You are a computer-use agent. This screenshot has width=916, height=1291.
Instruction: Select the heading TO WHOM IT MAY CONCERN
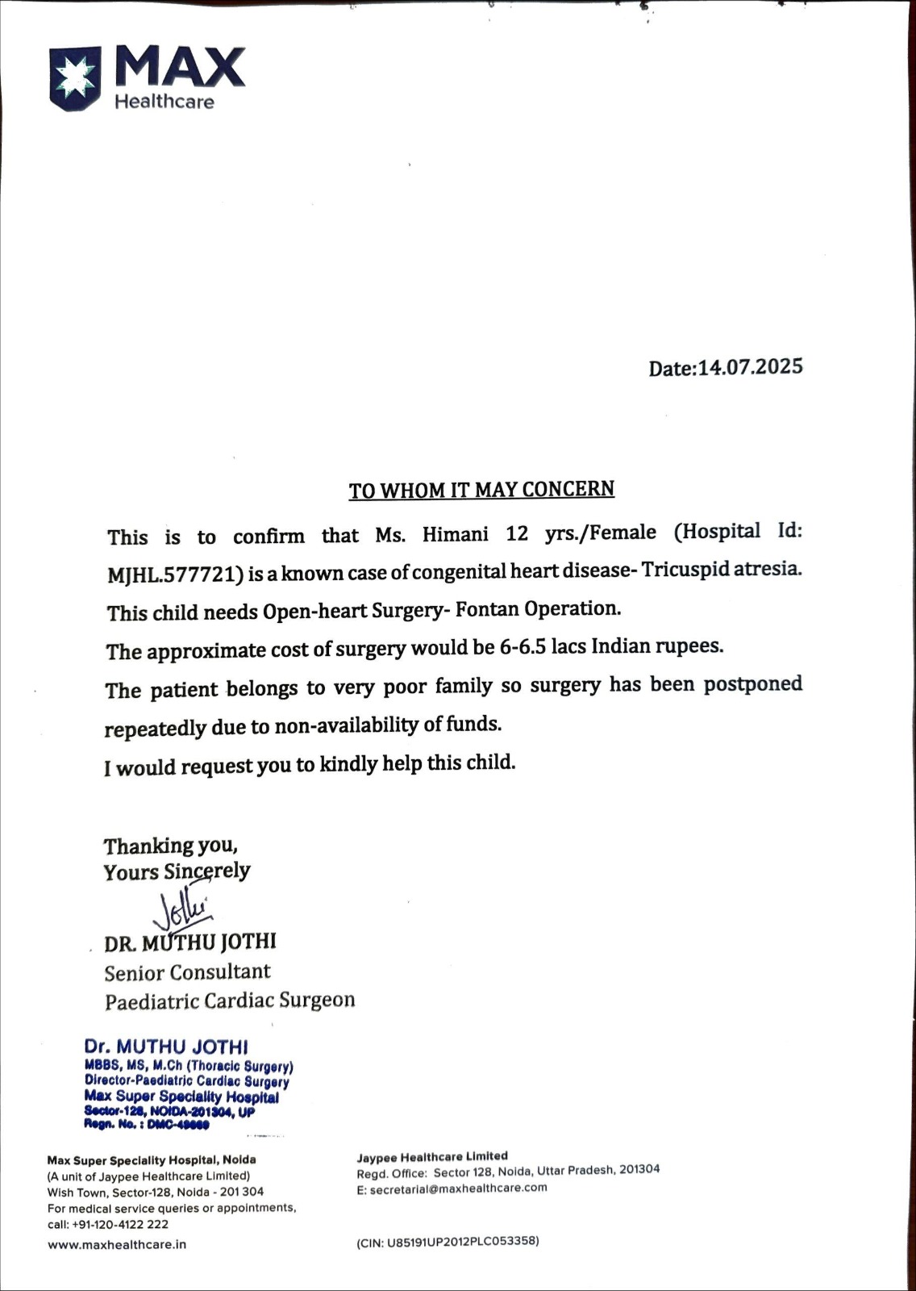coord(481,490)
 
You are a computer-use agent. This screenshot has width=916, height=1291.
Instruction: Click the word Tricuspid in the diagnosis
coord(686,569)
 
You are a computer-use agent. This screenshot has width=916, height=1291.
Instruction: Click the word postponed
coord(752,684)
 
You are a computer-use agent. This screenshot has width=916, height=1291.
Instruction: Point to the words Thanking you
coord(170,846)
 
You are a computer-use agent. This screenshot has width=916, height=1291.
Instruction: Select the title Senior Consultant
coord(187,972)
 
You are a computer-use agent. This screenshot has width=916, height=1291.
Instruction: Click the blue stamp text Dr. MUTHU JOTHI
coord(166,1047)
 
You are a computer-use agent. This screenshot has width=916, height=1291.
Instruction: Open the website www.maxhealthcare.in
coord(117,1244)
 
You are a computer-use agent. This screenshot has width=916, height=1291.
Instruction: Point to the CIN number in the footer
coord(448,1241)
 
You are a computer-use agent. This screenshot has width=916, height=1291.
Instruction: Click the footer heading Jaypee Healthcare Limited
coord(432,1156)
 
